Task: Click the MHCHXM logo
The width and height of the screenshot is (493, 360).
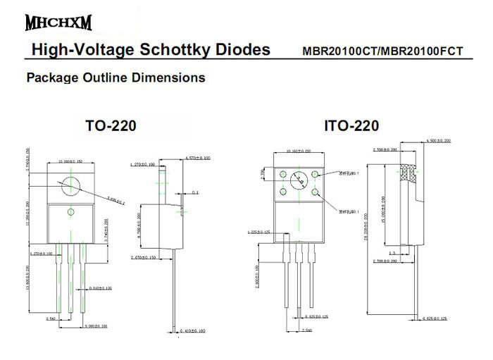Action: click(58, 23)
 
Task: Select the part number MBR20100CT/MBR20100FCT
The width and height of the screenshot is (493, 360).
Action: click(382, 51)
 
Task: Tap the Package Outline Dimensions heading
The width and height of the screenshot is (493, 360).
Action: click(116, 77)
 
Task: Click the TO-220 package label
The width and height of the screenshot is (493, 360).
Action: click(111, 126)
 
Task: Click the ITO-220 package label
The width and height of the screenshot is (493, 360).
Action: click(351, 127)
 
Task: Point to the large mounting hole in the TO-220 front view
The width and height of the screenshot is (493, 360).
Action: click(70, 184)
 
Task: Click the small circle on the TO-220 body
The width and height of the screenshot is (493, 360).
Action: click(70, 213)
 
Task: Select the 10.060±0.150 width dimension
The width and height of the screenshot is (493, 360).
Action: click(70, 161)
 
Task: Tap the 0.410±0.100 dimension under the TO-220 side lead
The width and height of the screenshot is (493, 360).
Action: click(192, 330)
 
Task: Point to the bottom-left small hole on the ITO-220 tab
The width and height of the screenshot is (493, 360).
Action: click(284, 191)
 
